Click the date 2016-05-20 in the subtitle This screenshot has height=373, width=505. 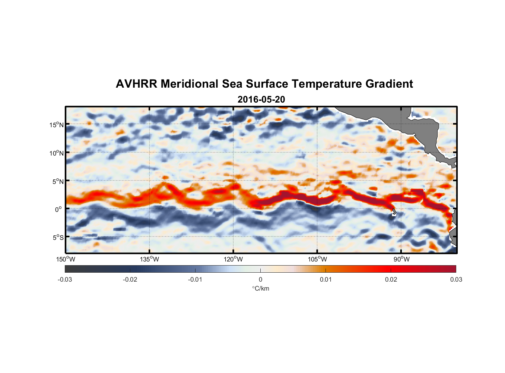pyautogui.click(x=261, y=100)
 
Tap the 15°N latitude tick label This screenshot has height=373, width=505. pyautogui.click(x=56, y=125)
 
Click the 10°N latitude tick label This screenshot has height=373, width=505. pyautogui.click(x=56, y=153)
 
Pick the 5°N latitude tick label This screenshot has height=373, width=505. pyautogui.click(x=58, y=181)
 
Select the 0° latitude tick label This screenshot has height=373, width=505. pyautogui.click(x=58, y=210)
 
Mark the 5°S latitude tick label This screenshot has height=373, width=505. pyautogui.click(x=58, y=238)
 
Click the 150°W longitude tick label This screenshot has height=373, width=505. pyautogui.click(x=66, y=259)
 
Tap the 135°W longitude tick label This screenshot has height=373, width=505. pyautogui.click(x=150, y=259)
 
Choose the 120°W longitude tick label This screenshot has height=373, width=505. pyautogui.click(x=234, y=259)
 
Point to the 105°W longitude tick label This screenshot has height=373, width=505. pyautogui.click(x=317, y=259)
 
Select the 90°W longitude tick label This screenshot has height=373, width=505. pyautogui.click(x=401, y=259)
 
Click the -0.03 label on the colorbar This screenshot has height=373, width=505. pyautogui.click(x=65, y=280)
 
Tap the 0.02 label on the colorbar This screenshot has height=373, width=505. pyautogui.click(x=391, y=280)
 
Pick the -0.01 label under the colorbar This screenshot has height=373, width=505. pyautogui.click(x=195, y=280)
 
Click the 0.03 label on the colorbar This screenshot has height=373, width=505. pyautogui.click(x=456, y=280)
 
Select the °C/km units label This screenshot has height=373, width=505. pyautogui.click(x=260, y=288)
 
